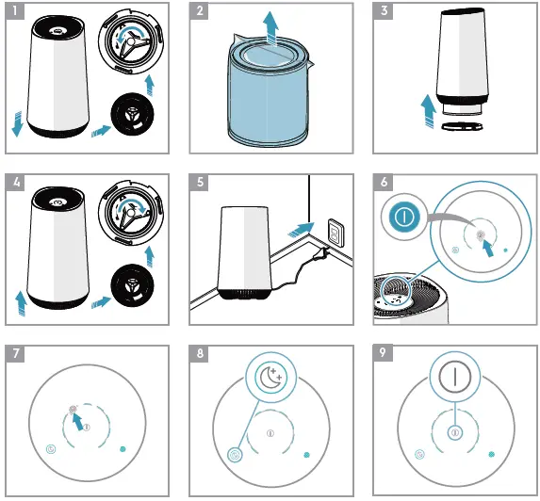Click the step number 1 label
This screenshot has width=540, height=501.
(15, 11)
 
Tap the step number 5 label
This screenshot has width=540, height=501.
(199, 182)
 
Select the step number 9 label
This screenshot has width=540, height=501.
(383, 353)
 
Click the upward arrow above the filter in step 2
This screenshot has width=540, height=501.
(270, 28)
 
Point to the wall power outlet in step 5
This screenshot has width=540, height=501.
(335, 233)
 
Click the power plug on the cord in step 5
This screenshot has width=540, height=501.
(324, 253)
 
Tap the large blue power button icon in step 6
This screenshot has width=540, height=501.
(404, 218)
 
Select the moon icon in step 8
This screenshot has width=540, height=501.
(271, 378)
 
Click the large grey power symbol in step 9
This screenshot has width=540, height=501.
(455, 377)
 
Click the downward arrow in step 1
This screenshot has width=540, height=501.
(17, 124)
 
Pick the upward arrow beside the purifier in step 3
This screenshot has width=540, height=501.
(429, 111)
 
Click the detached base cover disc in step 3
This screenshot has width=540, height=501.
(462, 126)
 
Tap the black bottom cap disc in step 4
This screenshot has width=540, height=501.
(132, 285)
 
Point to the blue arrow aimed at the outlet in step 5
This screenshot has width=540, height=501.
(301, 230)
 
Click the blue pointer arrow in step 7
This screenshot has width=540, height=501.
(77, 420)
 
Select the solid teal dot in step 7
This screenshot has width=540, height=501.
(123, 449)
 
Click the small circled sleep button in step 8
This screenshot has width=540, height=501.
(235, 455)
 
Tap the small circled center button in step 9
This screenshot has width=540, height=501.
(455, 432)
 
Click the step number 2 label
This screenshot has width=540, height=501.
(199, 11)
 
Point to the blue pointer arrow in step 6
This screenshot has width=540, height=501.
(488, 248)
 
